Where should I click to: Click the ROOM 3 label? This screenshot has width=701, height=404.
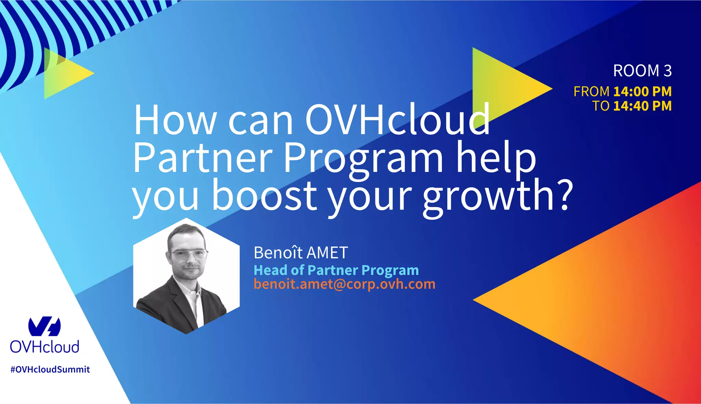pyautogui.click(x=642, y=71)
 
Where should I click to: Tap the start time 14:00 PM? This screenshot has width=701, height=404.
pyautogui.click(x=642, y=91)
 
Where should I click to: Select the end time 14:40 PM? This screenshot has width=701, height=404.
pyautogui.click(x=642, y=106)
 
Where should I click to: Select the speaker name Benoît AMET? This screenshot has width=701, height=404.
pyautogui.click(x=301, y=253)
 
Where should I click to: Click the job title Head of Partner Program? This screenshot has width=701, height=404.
pyautogui.click(x=336, y=270)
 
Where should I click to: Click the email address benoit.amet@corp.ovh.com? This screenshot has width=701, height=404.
pyautogui.click(x=344, y=284)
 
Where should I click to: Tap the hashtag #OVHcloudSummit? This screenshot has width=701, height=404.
pyautogui.click(x=50, y=369)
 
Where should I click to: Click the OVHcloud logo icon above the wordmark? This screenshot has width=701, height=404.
pyautogui.click(x=44, y=327)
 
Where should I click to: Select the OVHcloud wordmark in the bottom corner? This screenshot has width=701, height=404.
pyautogui.click(x=44, y=347)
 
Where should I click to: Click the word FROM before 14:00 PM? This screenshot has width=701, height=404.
pyautogui.click(x=591, y=91)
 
